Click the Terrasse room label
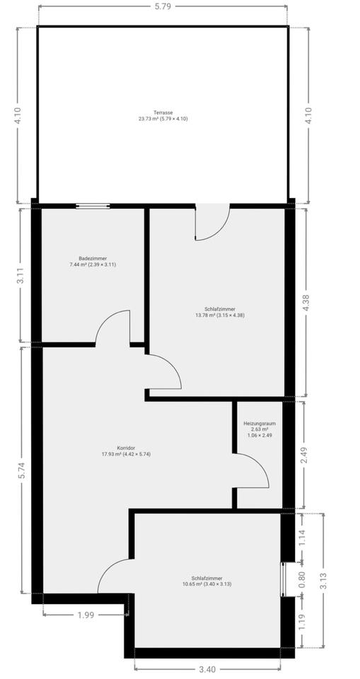(163, 112)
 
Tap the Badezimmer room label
(93, 258)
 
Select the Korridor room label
(126, 448)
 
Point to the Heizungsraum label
(260, 423)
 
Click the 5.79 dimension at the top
(163, 7)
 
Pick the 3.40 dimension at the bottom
(207, 669)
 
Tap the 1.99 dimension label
(87, 614)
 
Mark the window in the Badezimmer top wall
(93, 206)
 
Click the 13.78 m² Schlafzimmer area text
(220, 315)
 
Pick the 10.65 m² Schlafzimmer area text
(207, 584)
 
